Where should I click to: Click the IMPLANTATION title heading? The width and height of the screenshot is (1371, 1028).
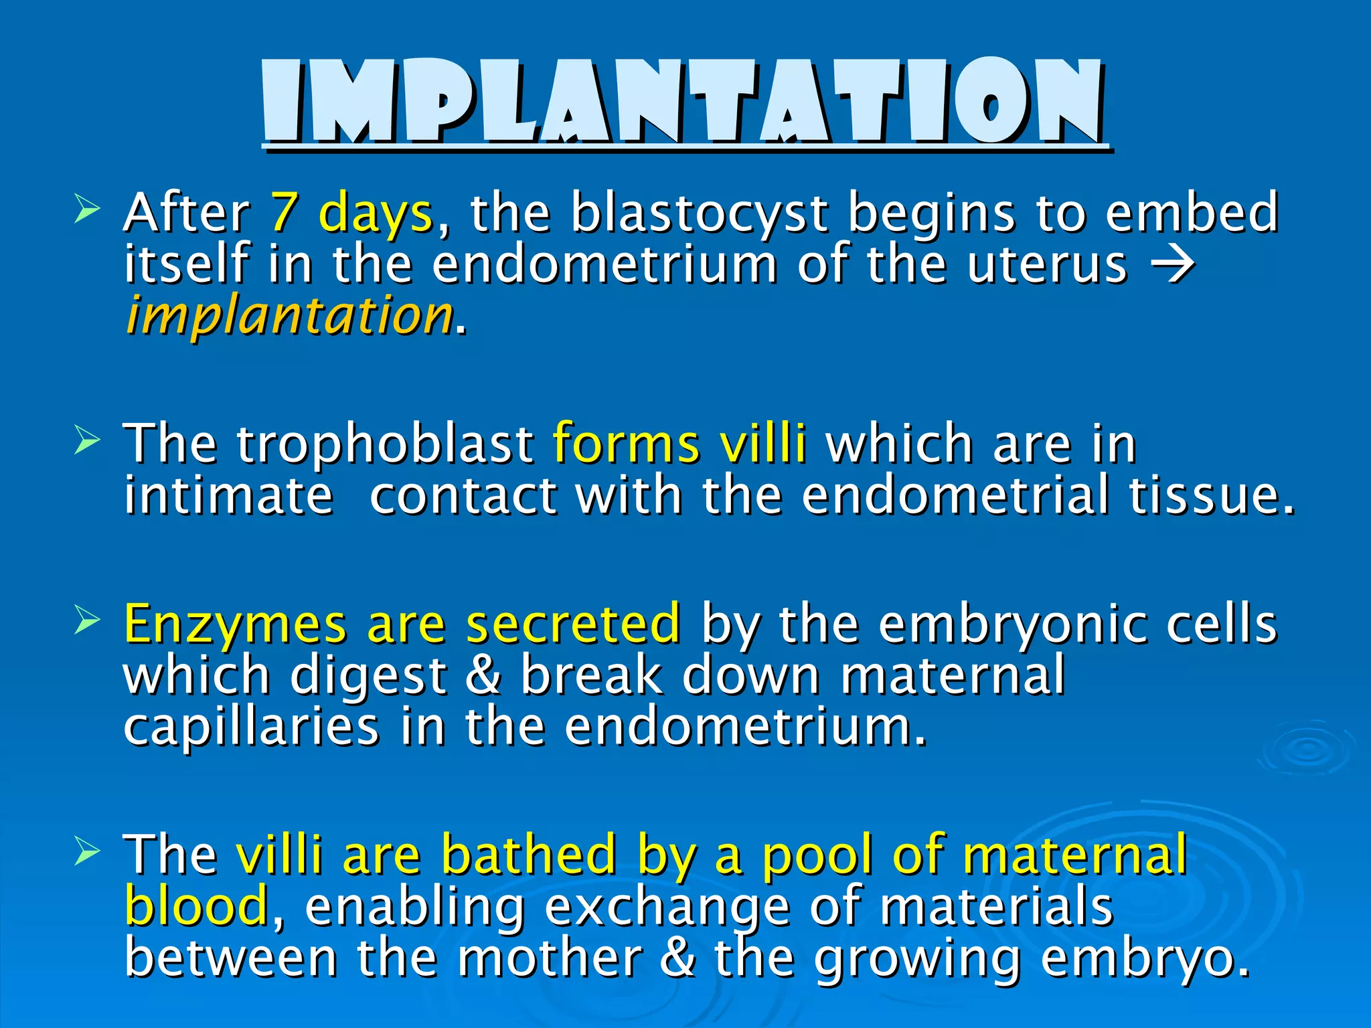pos(683,102)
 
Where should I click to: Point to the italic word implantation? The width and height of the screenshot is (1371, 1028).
pos(289,316)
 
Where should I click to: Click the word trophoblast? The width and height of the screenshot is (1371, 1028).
pos(384,444)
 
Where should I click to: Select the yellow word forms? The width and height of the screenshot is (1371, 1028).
pos(625,444)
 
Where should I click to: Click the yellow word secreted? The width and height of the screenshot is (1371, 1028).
pos(574,624)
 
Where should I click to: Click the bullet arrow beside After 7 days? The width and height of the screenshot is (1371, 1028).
pos(87,209)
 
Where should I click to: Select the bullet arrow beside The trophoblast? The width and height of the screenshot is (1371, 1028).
pos(87,441)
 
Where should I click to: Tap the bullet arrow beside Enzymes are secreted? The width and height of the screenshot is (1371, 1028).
pos(87,620)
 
